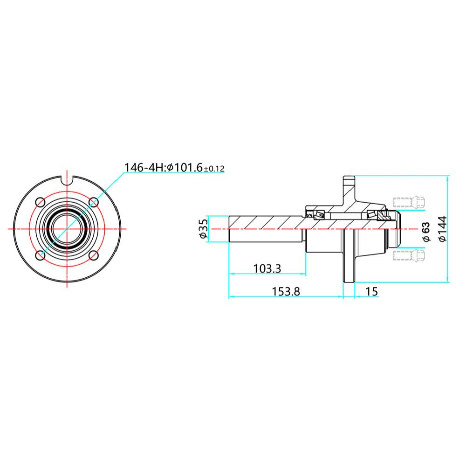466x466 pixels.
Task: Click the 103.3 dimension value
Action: (x=267, y=269)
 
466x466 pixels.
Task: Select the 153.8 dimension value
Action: (x=286, y=292)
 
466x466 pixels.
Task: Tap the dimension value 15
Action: (x=371, y=292)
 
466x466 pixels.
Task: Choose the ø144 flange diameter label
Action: (x=443, y=229)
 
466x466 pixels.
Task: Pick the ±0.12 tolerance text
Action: (x=214, y=169)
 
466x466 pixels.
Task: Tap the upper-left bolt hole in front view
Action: (x=41, y=202)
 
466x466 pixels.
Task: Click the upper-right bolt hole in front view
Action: (x=94, y=202)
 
